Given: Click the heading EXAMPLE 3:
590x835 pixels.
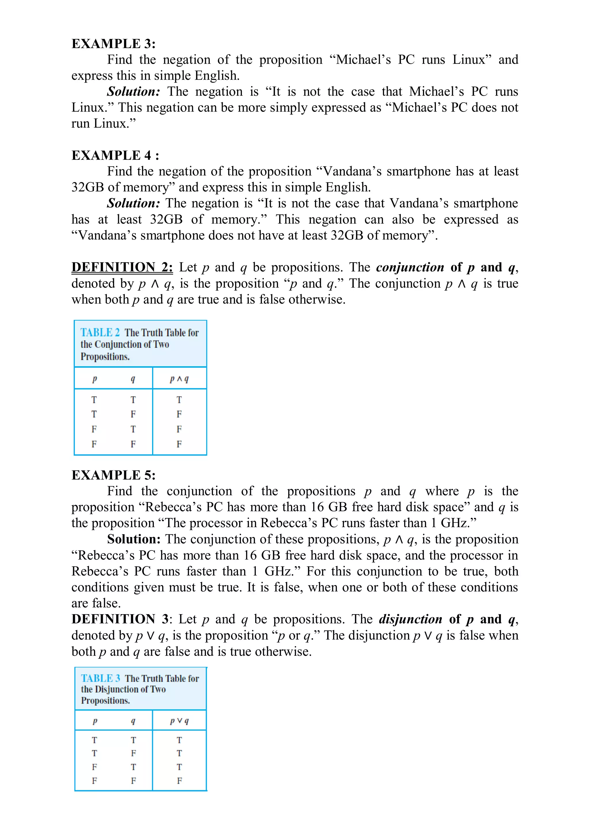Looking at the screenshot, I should pyautogui.click(x=114, y=44).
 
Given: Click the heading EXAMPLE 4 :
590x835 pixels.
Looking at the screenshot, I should pyautogui.click(x=115, y=155).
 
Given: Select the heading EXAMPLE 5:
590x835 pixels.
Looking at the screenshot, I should pyautogui.click(x=114, y=475).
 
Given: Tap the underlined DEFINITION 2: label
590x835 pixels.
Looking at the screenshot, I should pyautogui.click(x=122, y=267).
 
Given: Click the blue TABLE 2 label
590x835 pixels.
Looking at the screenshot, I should pyautogui.click(x=100, y=332).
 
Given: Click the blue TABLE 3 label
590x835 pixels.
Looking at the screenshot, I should pyautogui.click(x=100, y=678).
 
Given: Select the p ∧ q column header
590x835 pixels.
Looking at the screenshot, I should pyautogui.click(x=179, y=379).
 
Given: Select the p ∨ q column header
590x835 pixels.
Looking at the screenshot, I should pyautogui.click(x=179, y=721).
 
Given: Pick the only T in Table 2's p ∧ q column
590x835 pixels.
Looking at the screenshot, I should pyautogui.click(x=179, y=400).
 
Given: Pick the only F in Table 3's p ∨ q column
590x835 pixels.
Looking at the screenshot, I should pyautogui.click(x=179, y=781).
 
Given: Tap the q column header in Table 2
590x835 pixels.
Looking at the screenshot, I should pyautogui.click(x=133, y=379).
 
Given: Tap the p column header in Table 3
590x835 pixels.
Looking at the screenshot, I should pyautogui.click(x=95, y=721).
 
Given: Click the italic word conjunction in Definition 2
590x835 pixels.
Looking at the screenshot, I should pyautogui.click(x=410, y=267).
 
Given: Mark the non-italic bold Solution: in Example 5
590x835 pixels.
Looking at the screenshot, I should pyautogui.click(x=133, y=539).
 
